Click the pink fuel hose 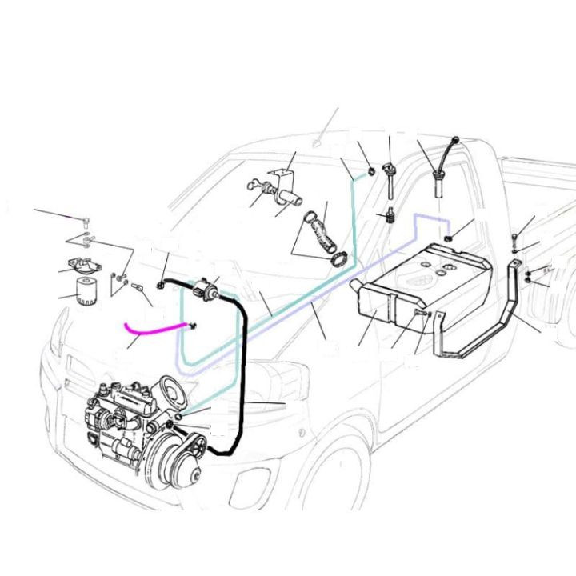click(152, 326)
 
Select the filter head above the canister click(82, 266)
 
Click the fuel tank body click(424, 284)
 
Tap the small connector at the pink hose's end click(192, 324)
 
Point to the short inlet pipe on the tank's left click(354, 286)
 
